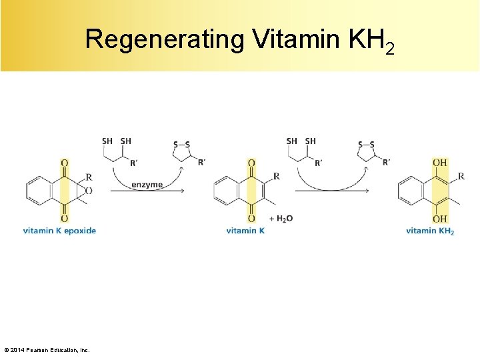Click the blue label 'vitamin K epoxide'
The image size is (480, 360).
pos(59,231)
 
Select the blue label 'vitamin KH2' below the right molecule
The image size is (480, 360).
pos(429,231)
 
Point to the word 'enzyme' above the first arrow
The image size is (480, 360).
pos(147,184)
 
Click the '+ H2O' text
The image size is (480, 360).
pos(280,219)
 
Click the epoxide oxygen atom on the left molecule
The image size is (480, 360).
pos(89,191)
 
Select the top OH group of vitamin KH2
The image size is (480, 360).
pos(439,163)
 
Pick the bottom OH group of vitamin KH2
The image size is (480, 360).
pos(439,219)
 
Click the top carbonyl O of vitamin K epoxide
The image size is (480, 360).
pos(64,163)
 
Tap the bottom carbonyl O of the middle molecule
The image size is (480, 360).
pos(251,219)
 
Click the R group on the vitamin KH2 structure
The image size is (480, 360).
pos(461,177)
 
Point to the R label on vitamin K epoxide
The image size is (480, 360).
pos(89,177)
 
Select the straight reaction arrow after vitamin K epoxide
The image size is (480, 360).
pos(147,191)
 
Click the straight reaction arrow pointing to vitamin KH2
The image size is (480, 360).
pos(331,191)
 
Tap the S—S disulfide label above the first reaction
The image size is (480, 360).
pos(181,145)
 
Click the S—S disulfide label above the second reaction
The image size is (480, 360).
pos(366,145)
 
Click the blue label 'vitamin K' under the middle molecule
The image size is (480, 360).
pos(245,231)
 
